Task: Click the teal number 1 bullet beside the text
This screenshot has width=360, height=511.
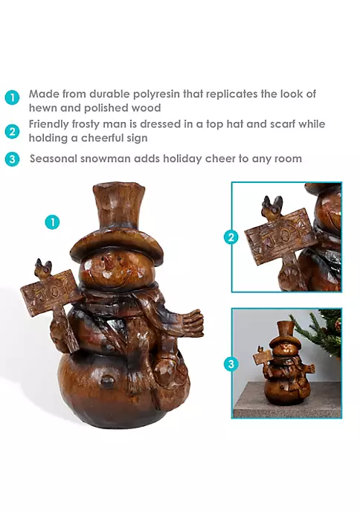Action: click(13, 97)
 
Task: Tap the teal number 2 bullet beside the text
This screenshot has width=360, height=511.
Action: click(13, 132)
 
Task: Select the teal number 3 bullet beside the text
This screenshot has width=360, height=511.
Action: click(13, 159)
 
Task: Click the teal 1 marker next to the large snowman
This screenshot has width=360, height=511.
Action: click(53, 222)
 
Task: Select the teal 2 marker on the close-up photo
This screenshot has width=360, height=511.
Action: click(231, 237)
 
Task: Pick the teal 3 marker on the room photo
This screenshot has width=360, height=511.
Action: click(231, 364)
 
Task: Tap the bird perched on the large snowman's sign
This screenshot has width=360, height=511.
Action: click(44, 269)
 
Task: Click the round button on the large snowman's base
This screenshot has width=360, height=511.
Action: click(106, 381)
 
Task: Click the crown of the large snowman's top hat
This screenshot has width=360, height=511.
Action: click(118, 207)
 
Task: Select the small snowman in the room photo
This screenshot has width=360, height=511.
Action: click(285, 362)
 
